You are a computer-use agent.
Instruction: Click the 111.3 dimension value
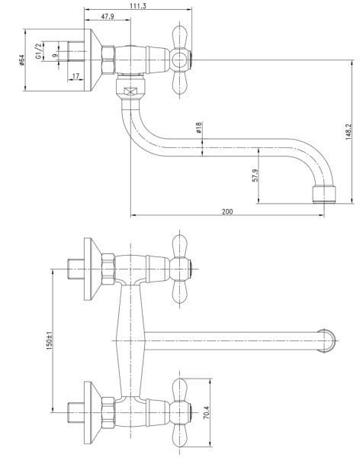139,5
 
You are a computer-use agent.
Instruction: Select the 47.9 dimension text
108,16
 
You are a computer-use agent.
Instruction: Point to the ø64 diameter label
21,60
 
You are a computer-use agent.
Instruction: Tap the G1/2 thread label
39,51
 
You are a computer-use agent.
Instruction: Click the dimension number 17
76,76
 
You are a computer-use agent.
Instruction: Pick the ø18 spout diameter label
199,127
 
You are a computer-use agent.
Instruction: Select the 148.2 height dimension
349,131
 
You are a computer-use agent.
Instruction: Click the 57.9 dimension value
256,176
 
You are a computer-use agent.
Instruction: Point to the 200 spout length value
227,211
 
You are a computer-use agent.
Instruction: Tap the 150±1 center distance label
49,340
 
